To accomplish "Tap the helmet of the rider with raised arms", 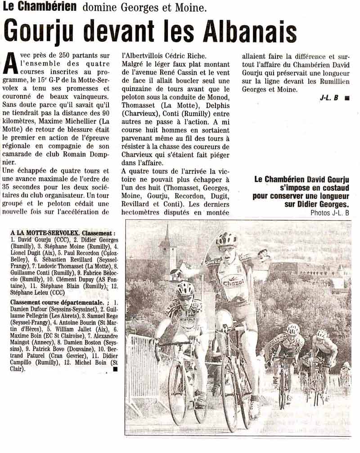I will pos(227,239).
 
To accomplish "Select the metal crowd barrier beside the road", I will pos(141,369).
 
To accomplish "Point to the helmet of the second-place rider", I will pos(185,289).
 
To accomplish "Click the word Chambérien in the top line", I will pos(46,7).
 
